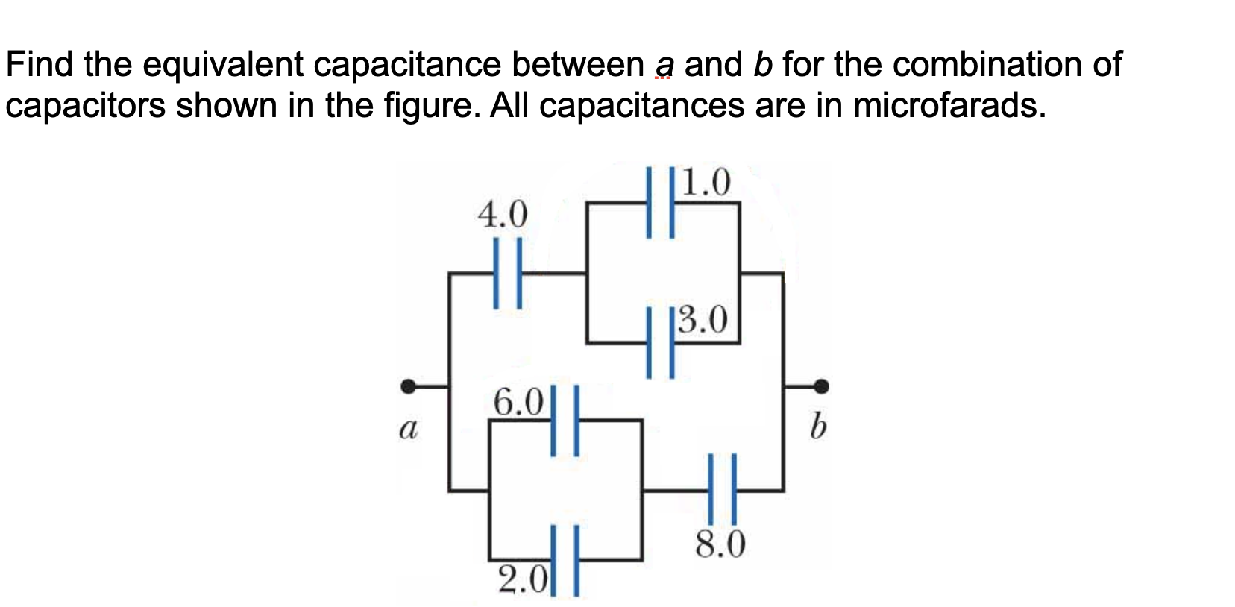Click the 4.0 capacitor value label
click(502, 215)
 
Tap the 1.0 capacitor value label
click(706, 181)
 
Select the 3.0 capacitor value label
click(703, 320)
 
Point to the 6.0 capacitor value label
click(519, 403)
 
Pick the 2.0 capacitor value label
click(523, 578)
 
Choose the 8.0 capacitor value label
click(720, 545)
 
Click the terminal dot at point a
click(408, 386)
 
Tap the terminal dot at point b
click(821, 386)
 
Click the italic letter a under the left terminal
click(406, 429)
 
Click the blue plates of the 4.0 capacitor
click(507, 273)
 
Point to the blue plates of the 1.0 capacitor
click(661, 203)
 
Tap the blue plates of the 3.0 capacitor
click(661, 342)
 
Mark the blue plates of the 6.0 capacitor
click(565, 420)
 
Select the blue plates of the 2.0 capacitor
click(565, 560)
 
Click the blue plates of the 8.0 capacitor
click(721, 490)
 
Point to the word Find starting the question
click(40, 64)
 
